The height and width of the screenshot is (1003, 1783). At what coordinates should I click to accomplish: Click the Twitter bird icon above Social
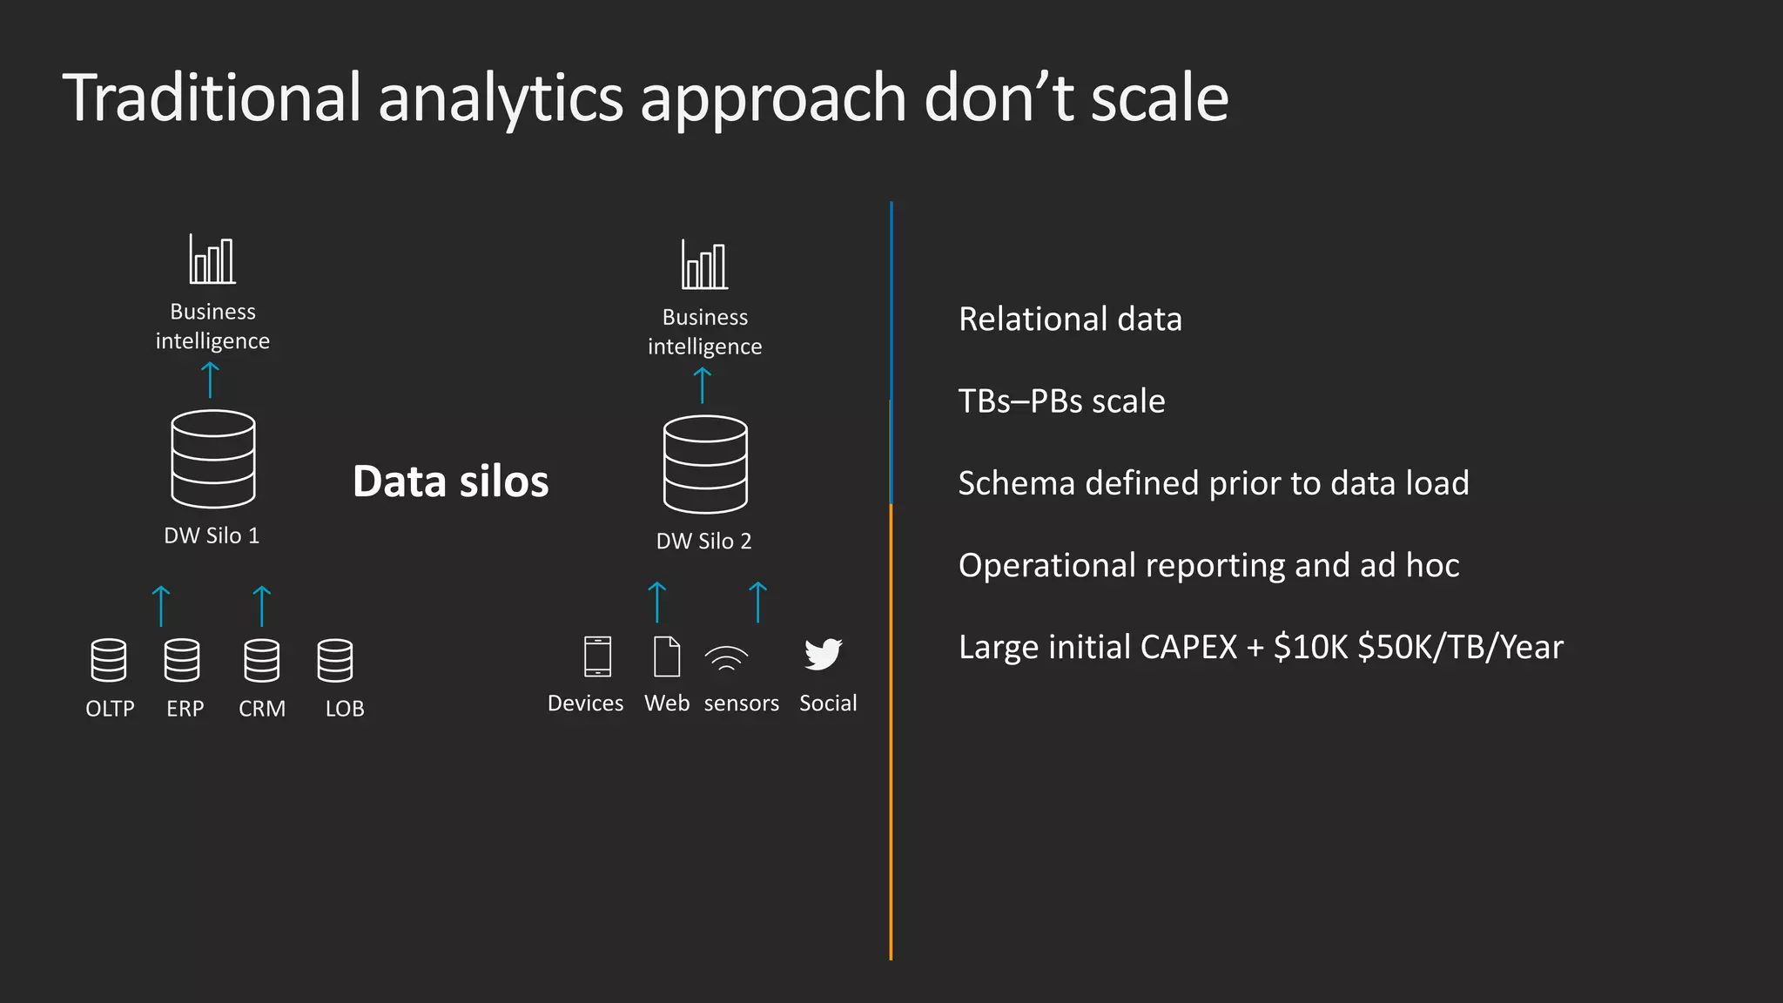point(823,655)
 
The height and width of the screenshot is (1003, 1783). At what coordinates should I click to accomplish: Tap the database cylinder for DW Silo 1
point(213,459)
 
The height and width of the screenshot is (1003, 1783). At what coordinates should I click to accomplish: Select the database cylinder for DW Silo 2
point(705,464)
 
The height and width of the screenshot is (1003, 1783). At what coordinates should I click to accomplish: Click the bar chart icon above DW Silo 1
point(212,259)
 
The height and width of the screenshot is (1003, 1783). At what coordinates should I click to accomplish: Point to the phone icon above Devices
point(597,656)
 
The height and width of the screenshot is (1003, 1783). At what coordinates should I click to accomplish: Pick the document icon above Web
point(667,656)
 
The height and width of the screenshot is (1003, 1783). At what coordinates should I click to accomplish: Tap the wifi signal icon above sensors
point(726,658)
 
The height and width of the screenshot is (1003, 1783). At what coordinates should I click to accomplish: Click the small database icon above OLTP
point(109,660)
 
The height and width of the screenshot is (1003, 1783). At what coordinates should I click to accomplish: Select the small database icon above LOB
point(335,660)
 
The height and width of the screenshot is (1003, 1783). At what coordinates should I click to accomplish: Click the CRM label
point(262,709)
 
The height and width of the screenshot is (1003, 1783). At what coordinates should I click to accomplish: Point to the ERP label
point(185,709)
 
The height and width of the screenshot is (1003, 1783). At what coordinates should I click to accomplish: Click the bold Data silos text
point(451,481)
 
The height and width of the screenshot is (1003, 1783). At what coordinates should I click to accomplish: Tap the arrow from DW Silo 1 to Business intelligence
point(210,380)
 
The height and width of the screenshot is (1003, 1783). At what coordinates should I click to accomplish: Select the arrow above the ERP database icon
point(161,606)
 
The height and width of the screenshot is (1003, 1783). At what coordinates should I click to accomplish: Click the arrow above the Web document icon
point(657,602)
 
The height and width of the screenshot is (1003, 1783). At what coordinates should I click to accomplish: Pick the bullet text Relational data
point(1070,320)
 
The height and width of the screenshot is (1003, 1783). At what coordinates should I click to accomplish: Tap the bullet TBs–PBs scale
point(1061,401)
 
